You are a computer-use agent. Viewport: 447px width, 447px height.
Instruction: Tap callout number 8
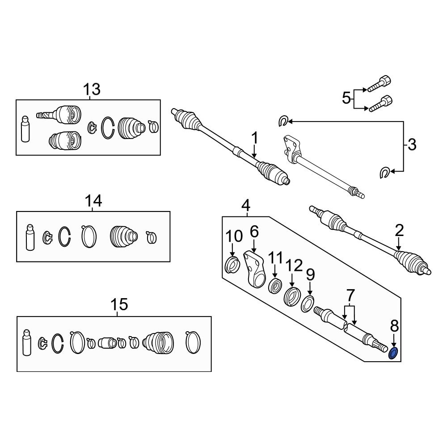[x=394, y=325]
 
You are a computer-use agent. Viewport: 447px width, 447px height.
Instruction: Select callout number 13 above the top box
[x=92, y=89]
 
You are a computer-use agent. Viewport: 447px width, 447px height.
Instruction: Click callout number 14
[x=93, y=201]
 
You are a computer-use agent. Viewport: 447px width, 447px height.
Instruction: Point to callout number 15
[x=119, y=304]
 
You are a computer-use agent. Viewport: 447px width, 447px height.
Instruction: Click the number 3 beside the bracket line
[x=412, y=145]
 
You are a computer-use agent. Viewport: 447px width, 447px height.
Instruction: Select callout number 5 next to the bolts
[x=346, y=98]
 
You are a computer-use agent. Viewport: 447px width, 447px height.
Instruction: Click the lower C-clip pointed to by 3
[x=384, y=173]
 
